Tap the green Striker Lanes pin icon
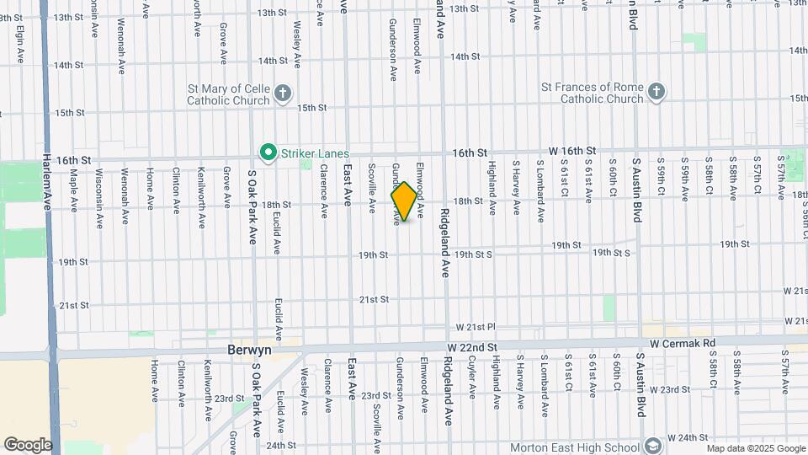coord(268,153)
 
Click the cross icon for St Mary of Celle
coord(284,93)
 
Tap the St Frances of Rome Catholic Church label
coord(592,92)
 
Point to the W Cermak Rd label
coord(682,344)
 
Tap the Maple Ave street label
coord(74,190)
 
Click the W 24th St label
coord(686,438)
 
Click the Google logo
coord(28,444)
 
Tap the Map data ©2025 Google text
coord(755,448)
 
